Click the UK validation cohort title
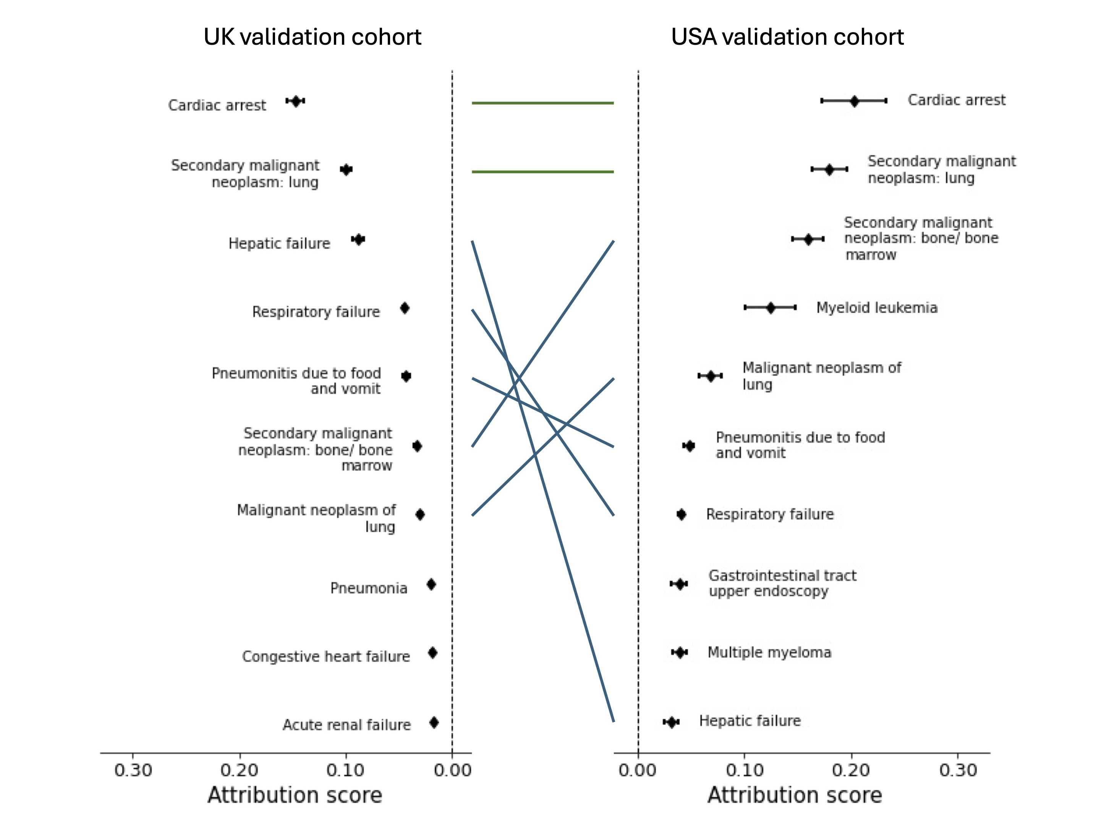(312, 37)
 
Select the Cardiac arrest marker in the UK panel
(296, 101)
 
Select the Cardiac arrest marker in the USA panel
(854, 101)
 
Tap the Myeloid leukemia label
(876, 308)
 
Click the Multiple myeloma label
(769, 652)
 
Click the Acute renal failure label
(346, 725)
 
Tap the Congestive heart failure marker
(432, 653)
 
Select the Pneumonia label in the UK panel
(369, 588)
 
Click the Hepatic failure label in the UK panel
(279, 244)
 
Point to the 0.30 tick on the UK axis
(133, 770)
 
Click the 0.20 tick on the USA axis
(851, 770)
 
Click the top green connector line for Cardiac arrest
(542, 103)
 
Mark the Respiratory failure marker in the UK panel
(405, 308)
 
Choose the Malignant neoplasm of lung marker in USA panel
(711, 376)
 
